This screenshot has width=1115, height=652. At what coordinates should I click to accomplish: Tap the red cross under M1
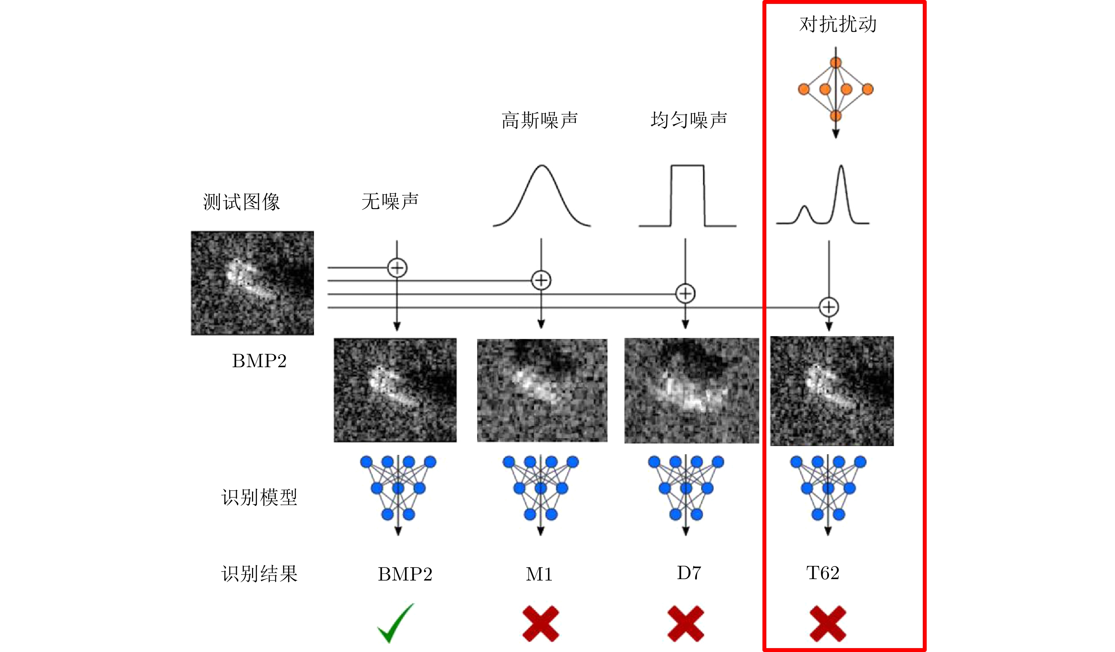[x=541, y=624]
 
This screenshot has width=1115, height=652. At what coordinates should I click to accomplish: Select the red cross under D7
[x=685, y=624]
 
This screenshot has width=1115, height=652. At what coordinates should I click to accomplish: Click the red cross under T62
[x=828, y=624]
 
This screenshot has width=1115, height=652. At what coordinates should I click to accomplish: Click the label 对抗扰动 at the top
[x=837, y=24]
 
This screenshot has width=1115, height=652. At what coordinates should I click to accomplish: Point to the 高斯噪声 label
[x=539, y=120]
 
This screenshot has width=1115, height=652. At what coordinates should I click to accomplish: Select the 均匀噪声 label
[x=688, y=120]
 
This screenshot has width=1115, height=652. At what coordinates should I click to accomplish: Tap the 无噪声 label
[x=390, y=202]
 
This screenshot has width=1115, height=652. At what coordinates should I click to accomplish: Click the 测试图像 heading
[x=241, y=202]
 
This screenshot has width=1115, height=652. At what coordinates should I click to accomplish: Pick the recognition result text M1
[x=539, y=574]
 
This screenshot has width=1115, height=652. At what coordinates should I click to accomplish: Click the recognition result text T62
[x=823, y=573]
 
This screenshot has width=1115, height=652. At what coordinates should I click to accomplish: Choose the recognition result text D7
[x=688, y=573]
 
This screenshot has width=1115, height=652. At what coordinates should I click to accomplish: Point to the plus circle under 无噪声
[x=397, y=267]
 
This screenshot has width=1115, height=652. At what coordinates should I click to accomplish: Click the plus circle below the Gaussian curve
[x=541, y=281]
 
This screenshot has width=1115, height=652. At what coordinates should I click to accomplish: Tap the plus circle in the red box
[x=829, y=307]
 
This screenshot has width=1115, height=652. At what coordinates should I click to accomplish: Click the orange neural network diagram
[x=835, y=90]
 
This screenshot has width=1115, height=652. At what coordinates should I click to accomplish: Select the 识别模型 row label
[x=259, y=497]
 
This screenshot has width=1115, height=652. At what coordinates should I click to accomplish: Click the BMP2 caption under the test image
[x=259, y=361]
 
